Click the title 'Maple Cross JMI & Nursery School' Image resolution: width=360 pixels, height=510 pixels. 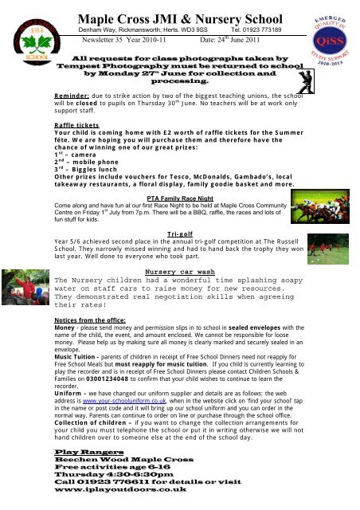(x=182, y=12)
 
